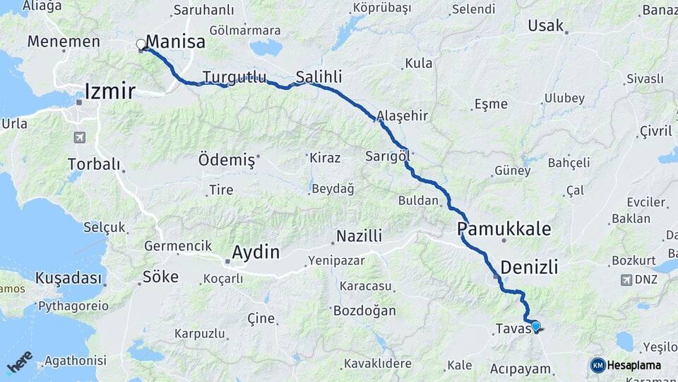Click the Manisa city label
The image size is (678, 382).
[175, 42]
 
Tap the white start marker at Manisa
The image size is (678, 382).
[141, 45]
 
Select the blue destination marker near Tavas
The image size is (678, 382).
[536, 326]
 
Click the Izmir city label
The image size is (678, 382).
[109, 91]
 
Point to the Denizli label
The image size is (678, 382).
[529, 267]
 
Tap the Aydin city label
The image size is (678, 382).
[256, 252]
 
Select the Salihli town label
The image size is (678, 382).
[319, 76]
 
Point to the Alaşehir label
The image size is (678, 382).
[403, 115]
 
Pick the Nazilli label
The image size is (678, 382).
[359, 236]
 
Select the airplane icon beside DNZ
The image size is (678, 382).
[626, 279]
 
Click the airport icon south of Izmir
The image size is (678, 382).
[78, 137]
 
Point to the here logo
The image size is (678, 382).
[19, 361]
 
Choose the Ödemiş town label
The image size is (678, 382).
[226, 158]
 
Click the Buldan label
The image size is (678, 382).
[418, 201]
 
